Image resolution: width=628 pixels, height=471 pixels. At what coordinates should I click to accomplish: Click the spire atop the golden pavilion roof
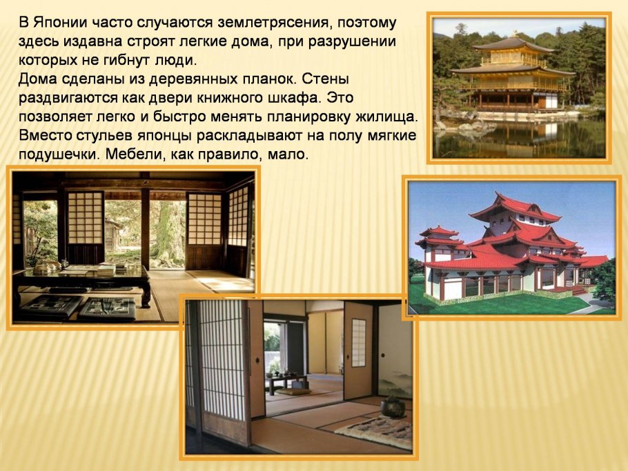click(513, 34)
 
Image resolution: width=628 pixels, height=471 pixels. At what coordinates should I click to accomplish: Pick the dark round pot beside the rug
click(394, 407)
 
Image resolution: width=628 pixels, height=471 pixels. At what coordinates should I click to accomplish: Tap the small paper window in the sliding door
click(358, 342)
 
